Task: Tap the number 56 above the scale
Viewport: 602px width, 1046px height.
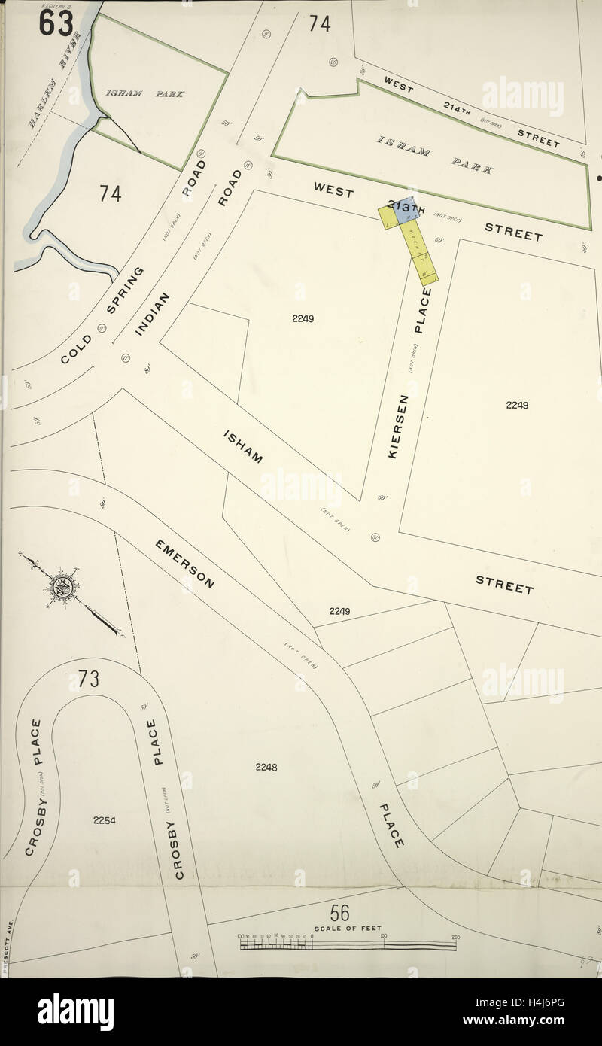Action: pyautogui.click(x=339, y=914)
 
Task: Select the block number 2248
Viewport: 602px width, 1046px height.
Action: pyautogui.click(x=266, y=768)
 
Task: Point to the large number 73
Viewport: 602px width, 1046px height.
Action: pyautogui.click(x=89, y=680)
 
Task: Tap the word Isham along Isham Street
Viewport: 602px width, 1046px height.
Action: pyautogui.click(x=242, y=446)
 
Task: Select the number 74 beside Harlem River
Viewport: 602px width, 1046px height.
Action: pyautogui.click(x=109, y=194)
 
